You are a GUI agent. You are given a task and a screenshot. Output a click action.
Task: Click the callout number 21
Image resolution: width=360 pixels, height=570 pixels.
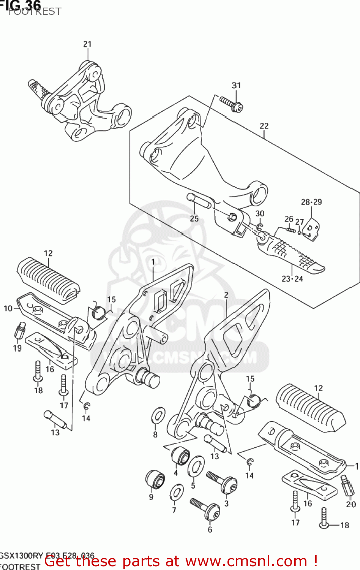(87, 44)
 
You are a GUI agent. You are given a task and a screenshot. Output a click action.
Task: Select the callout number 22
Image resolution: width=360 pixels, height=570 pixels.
(264, 126)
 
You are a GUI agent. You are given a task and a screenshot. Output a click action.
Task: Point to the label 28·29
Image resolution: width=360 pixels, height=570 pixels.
(311, 202)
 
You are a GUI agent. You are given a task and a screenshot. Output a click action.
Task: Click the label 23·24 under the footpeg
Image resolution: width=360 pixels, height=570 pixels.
(292, 279)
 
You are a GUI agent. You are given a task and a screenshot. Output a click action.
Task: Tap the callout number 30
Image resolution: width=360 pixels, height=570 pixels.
(260, 214)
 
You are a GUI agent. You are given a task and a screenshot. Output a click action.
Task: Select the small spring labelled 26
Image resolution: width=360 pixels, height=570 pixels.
(291, 230)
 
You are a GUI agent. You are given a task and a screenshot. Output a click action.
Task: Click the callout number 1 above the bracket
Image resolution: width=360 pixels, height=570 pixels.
(153, 262)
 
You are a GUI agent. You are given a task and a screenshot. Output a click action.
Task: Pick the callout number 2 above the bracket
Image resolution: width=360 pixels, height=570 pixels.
(226, 295)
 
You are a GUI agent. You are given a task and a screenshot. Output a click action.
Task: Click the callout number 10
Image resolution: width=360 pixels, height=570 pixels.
(8, 309)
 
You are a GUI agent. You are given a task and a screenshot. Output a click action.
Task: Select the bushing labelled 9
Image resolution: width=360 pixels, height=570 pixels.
(155, 480)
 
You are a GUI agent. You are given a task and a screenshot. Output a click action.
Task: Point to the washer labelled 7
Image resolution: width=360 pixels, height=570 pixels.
(176, 493)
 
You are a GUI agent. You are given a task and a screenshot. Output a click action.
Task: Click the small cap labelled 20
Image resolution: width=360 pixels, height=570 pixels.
(348, 486)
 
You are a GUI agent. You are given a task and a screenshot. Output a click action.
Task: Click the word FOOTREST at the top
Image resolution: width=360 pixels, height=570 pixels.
(34, 11)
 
